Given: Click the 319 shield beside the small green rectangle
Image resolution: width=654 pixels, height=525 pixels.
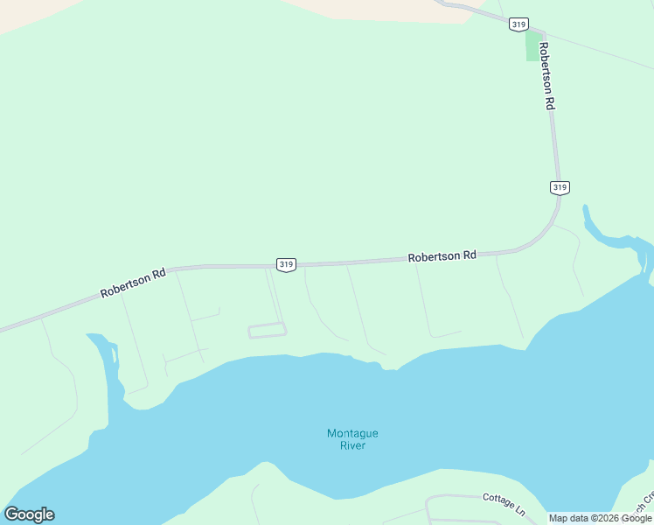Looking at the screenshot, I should [517, 24].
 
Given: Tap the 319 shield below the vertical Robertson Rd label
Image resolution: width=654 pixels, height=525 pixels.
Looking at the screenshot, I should [560, 186].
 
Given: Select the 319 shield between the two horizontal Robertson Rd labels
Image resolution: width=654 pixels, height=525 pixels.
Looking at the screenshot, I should [286, 263].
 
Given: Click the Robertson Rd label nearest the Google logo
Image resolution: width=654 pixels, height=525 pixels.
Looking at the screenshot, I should [133, 283].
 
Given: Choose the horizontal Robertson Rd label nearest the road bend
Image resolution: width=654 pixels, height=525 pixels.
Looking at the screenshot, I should [442, 256].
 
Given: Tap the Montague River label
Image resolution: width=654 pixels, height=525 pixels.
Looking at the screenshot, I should [352, 439].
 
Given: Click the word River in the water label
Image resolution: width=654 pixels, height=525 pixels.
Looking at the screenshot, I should [352, 445].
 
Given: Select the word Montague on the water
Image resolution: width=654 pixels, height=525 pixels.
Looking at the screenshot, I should [352, 433].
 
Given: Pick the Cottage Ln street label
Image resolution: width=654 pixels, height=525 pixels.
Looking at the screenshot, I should [504, 503].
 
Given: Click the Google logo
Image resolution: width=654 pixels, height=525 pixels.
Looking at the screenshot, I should [29, 514].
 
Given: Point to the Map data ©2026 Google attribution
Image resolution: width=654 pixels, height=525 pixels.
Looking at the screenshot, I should [600, 518].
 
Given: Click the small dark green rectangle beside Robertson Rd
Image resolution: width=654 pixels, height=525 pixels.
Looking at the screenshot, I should [532, 46].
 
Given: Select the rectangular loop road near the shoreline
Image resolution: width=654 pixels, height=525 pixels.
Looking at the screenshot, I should [268, 330].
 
